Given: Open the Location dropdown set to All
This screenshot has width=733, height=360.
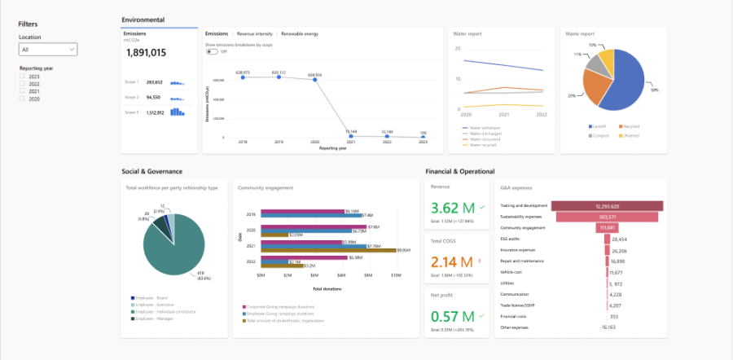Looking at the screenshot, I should [x=48, y=50].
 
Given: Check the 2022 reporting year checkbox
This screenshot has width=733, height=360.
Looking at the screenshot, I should [x=23, y=84].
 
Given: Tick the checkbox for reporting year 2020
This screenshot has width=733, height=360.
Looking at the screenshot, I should [x=23, y=99].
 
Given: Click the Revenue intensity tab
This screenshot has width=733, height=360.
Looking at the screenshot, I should [x=255, y=34].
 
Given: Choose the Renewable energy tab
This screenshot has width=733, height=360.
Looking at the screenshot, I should [x=299, y=34].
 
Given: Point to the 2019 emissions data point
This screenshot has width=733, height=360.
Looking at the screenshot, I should [x=279, y=78].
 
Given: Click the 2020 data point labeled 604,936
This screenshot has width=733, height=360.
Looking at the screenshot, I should [x=314, y=80].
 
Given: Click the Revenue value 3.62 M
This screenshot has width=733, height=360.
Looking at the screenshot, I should [x=451, y=208].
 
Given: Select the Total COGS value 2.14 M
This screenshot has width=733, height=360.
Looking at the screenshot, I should [x=451, y=261].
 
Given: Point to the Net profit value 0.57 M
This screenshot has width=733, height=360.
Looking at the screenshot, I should [x=451, y=316].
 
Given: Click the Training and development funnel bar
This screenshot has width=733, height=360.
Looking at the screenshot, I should [x=607, y=206].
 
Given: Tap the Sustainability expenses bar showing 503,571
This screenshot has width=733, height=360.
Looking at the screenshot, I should [x=607, y=217].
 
